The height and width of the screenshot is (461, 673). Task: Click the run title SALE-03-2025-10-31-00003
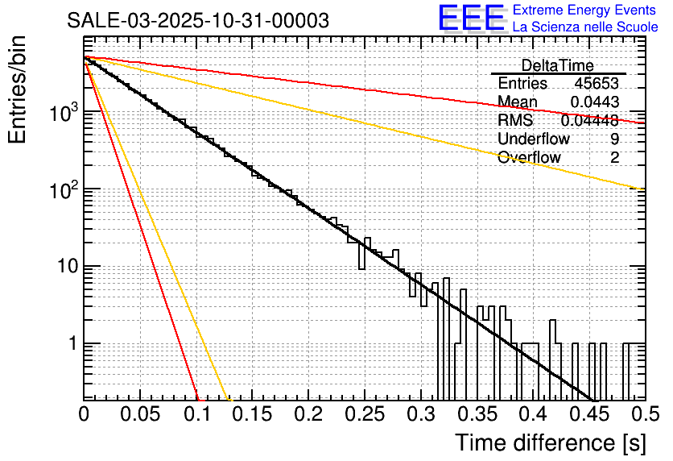click(x=198, y=21)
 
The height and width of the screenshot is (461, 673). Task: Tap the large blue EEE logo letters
click(x=471, y=19)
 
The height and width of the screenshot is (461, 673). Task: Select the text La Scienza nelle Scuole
click(x=585, y=27)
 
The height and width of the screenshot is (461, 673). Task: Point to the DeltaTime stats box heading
click(x=558, y=65)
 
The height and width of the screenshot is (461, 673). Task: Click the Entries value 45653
click(x=597, y=84)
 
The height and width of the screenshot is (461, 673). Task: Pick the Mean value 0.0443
click(x=595, y=102)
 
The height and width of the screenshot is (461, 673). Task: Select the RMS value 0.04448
click(x=590, y=121)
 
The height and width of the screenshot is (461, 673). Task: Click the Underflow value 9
click(x=614, y=139)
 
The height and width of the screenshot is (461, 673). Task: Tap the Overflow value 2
click(x=614, y=158)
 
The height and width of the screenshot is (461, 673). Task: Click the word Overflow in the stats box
click(x=529, y=158)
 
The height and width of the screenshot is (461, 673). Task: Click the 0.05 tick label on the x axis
click(x=140, y=414)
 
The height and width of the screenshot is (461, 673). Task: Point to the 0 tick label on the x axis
click(x=84, y=414)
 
